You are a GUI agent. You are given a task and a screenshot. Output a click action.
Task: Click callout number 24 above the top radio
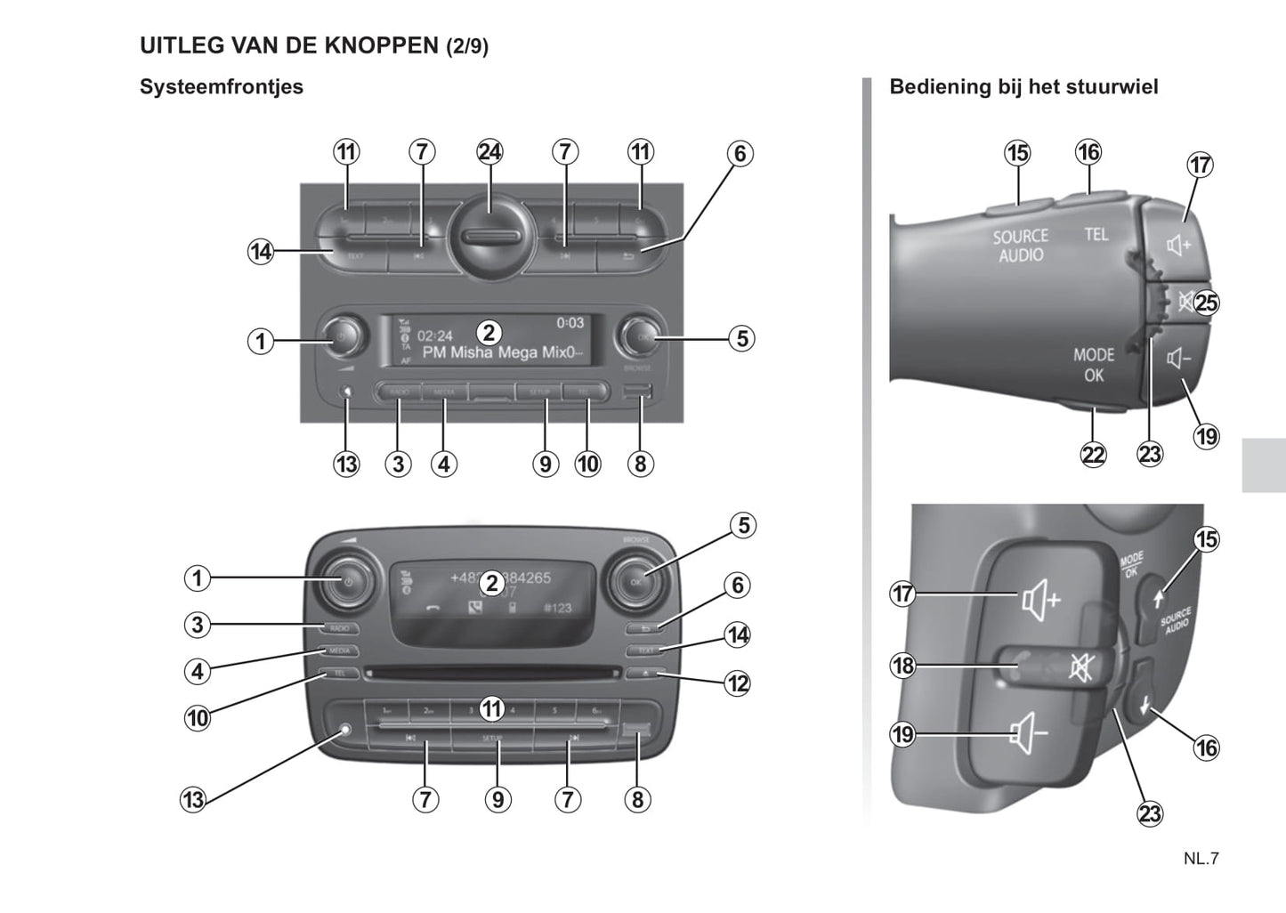(x=489, y=152)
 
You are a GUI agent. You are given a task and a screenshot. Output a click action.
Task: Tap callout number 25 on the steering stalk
(x=1206, y=303)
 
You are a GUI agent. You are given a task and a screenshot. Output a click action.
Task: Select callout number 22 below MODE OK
(x=1093, y=455)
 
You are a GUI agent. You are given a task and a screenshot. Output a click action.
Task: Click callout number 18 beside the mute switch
(x=903, y=665)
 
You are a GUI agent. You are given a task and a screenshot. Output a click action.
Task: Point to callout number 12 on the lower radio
(x=738, y=683)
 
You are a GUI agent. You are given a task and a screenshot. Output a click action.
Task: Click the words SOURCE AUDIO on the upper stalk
(x=1021, y=246)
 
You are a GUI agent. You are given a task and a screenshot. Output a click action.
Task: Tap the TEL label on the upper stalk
(x=1096, y=234)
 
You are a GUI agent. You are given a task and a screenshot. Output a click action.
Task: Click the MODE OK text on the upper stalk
(x=1094, y=365)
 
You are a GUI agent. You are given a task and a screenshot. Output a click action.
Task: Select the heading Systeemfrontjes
(x=222, y=87)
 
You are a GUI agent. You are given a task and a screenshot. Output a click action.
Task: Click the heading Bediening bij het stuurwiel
(x=1023, y=87)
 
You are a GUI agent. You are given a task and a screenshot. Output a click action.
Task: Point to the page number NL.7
(x=1201, y=859)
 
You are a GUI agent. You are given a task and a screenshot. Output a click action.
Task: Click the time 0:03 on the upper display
(x=570, y=322)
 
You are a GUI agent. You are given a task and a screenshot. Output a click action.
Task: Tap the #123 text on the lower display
(x=557, y=608)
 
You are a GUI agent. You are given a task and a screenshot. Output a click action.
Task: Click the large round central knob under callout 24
(x=489, y=238)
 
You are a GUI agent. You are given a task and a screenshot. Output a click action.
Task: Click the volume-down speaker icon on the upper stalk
(x=1178, y=360)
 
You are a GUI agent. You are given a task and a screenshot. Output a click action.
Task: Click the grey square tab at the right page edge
(x=1264, y=453)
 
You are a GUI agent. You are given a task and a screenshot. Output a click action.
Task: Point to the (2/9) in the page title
(x=466, y=46)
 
